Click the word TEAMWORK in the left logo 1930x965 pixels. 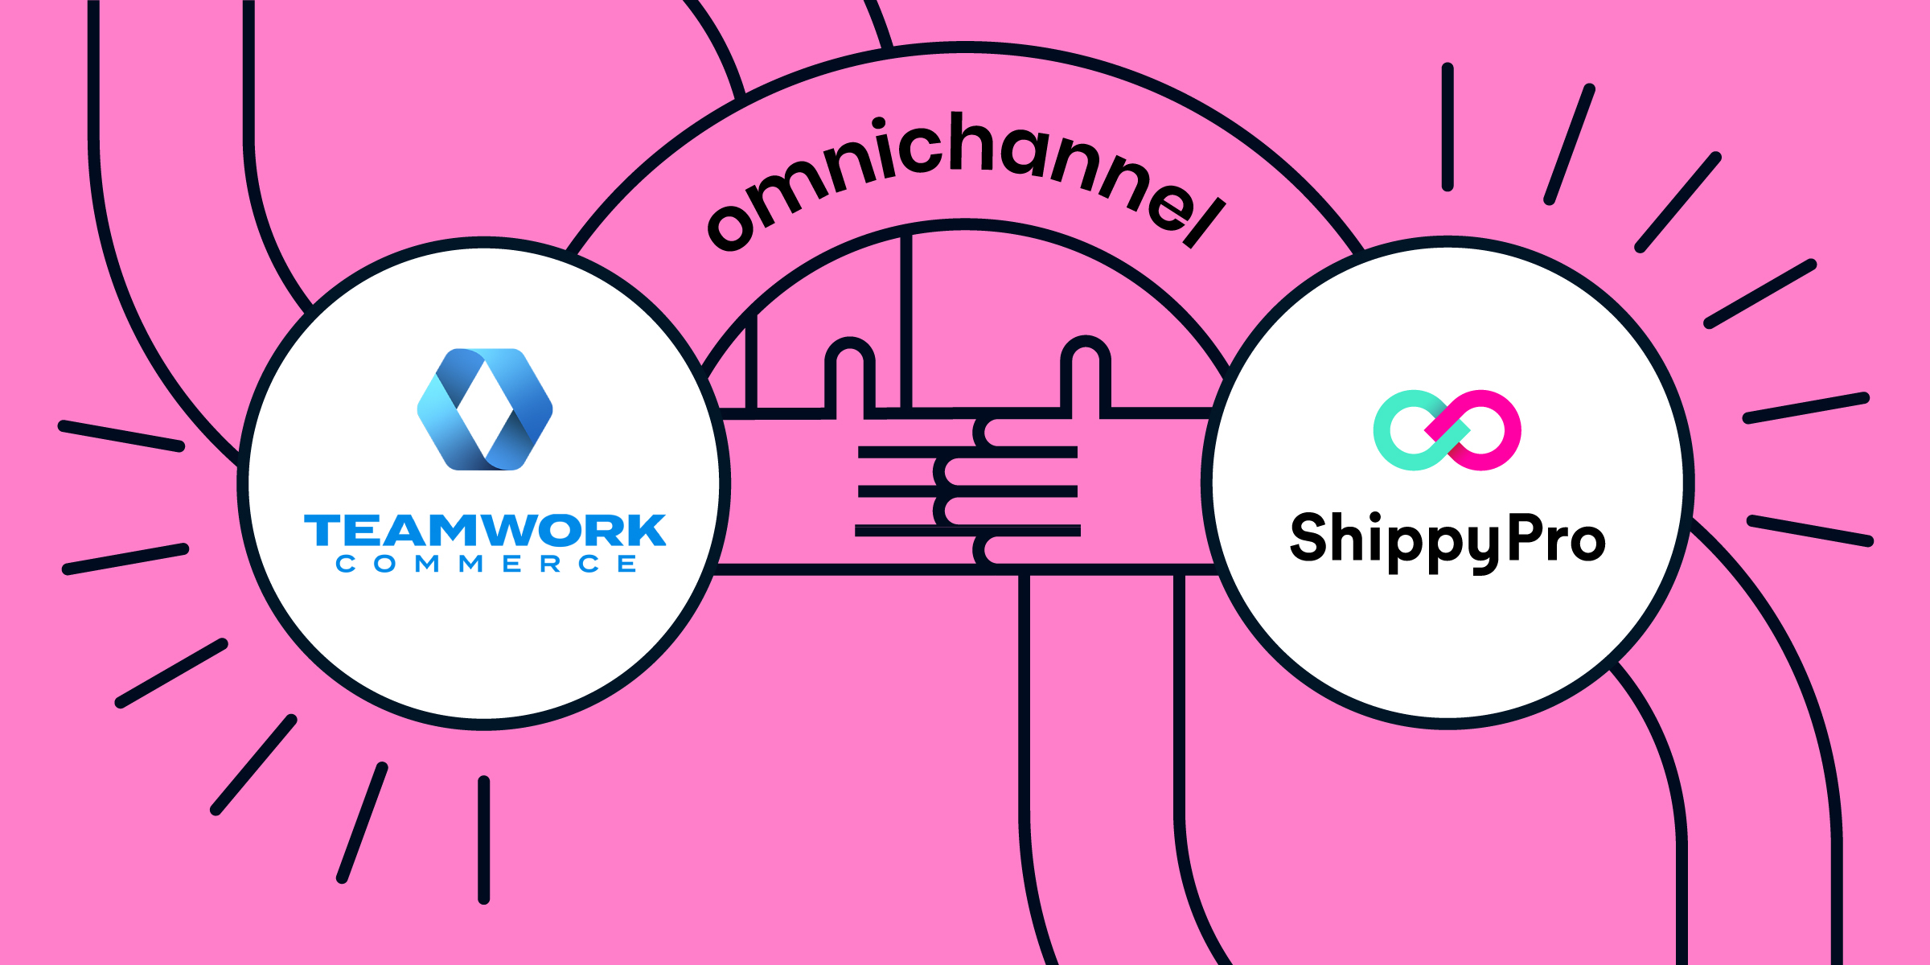coord(485,531)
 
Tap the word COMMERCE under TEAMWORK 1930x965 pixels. coord(487,564)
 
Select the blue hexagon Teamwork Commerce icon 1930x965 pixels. coord(485,409)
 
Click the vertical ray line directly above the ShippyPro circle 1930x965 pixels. coord(1447,127)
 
